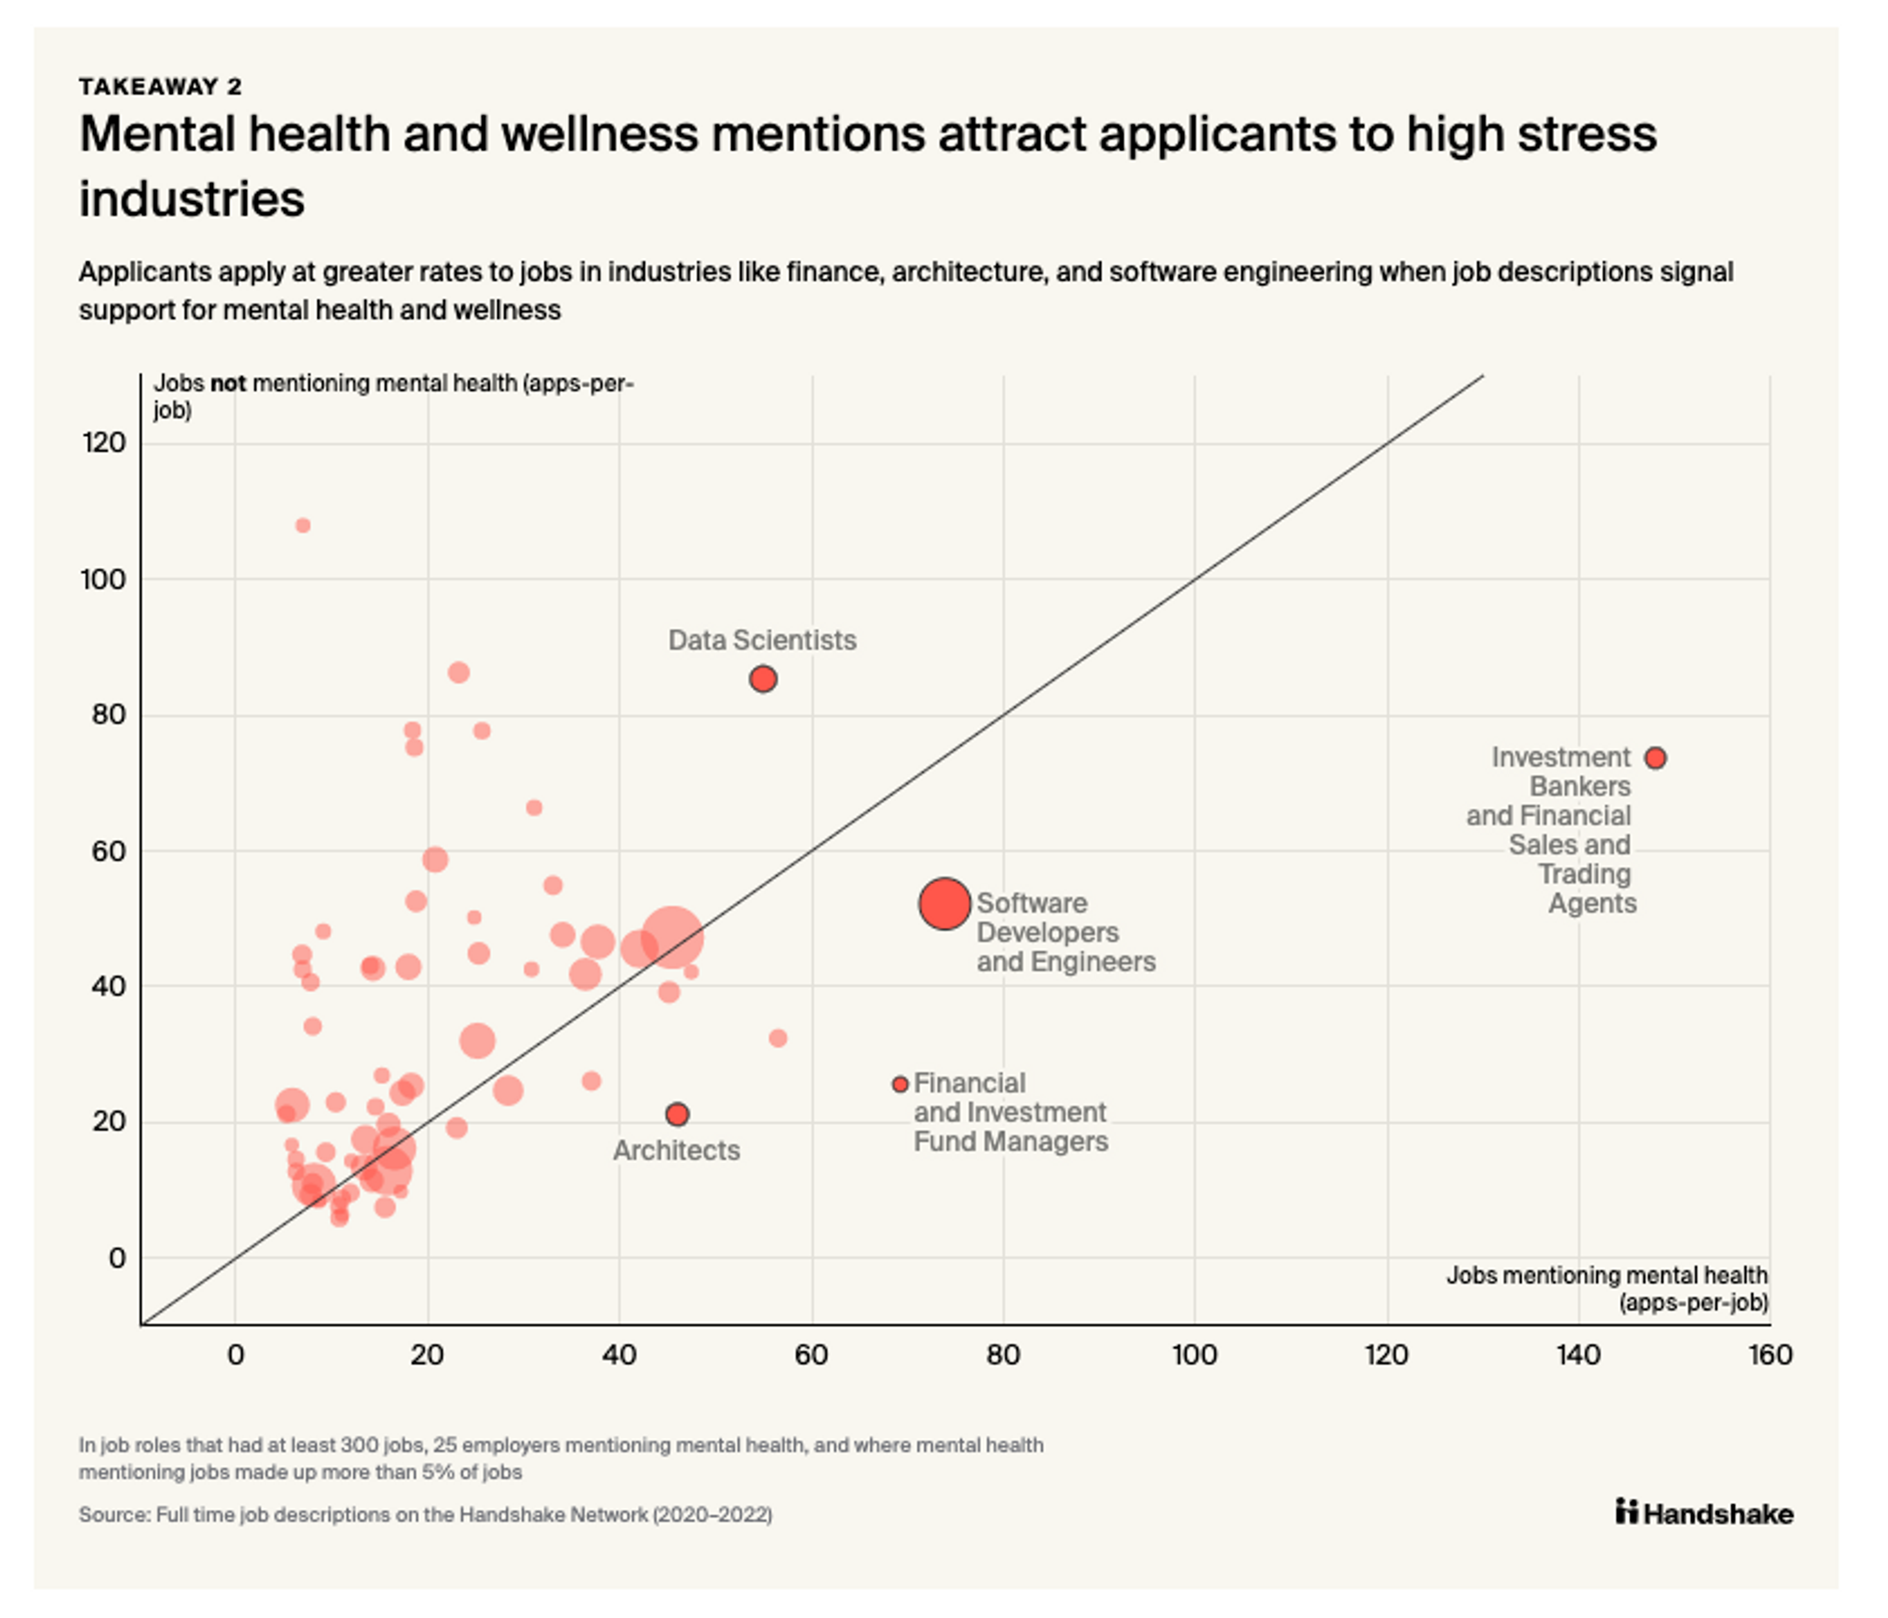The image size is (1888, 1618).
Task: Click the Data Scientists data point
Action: (x=763, y=679)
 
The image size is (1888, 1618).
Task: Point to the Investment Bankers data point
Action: (x=1655, y=758)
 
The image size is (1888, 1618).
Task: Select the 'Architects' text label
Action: (x=676, y=1150)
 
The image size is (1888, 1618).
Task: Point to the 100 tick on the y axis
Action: (x=103, y=580)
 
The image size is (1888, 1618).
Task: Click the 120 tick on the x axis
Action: (x=1386, y=1354)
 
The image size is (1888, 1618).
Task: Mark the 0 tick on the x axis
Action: (x=235, y=1354)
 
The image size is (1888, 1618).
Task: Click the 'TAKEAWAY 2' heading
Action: (x=160, y=87)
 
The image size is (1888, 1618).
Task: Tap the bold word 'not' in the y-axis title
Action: (x=228, y=383)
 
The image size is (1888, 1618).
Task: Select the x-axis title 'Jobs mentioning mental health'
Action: (x=1606, y=1275)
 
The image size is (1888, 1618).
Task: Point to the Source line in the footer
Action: (x=425, y=1514)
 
